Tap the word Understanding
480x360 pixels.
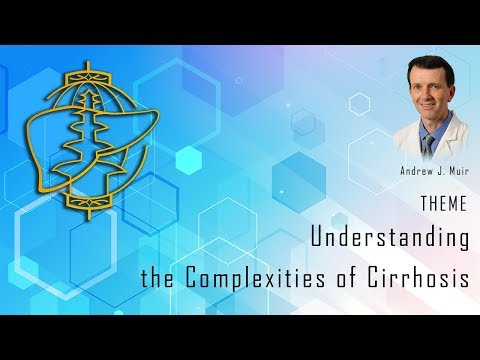coord(390,239)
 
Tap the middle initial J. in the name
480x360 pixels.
coord(437,171)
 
